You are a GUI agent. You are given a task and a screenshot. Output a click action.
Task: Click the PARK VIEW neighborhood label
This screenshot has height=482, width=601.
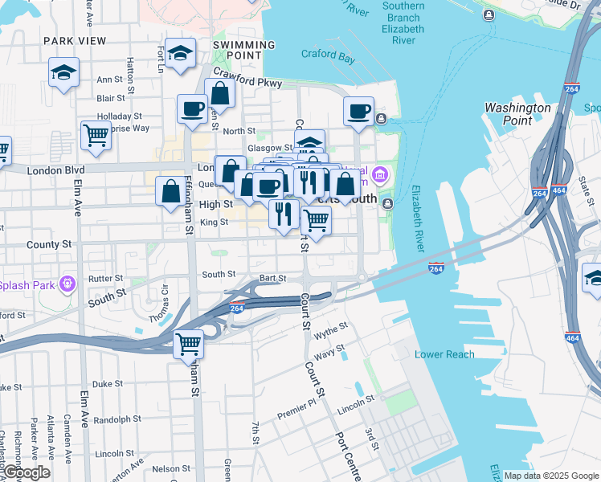coord(75,40)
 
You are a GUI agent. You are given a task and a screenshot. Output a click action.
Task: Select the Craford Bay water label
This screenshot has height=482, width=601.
coord(329,55)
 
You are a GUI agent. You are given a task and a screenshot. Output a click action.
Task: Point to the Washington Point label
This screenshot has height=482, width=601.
coord(518,113)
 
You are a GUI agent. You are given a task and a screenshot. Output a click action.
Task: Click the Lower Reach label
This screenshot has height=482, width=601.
coord(444,354)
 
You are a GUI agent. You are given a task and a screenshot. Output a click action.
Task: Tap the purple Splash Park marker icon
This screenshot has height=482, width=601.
coord(66,283)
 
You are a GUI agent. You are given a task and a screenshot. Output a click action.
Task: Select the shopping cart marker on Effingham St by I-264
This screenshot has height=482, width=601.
coord(189,343)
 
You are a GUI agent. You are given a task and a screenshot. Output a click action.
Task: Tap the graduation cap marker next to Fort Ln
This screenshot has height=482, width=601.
coord(181,53)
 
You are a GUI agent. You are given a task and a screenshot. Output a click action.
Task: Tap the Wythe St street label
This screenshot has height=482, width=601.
coord(331,329)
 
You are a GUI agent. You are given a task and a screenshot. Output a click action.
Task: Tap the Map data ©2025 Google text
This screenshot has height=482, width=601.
coord(551,476)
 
